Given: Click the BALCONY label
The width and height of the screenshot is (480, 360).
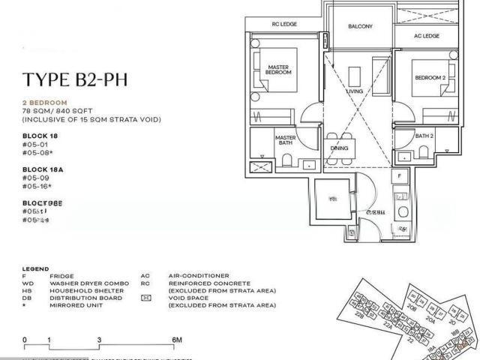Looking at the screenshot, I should click(361, 26).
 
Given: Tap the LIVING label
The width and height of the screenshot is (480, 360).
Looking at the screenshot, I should click(355, 91).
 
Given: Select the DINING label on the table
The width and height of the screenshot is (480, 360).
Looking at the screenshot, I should click(339, 148).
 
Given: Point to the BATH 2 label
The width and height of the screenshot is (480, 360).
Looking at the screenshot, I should click(425, 136).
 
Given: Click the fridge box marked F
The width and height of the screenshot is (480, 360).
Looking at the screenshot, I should click(400, 177).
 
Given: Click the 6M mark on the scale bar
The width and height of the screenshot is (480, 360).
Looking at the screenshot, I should click(177, 340).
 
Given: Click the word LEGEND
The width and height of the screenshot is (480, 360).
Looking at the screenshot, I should click(36, 268).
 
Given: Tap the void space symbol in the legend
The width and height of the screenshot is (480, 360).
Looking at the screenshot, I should click(145, 298).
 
